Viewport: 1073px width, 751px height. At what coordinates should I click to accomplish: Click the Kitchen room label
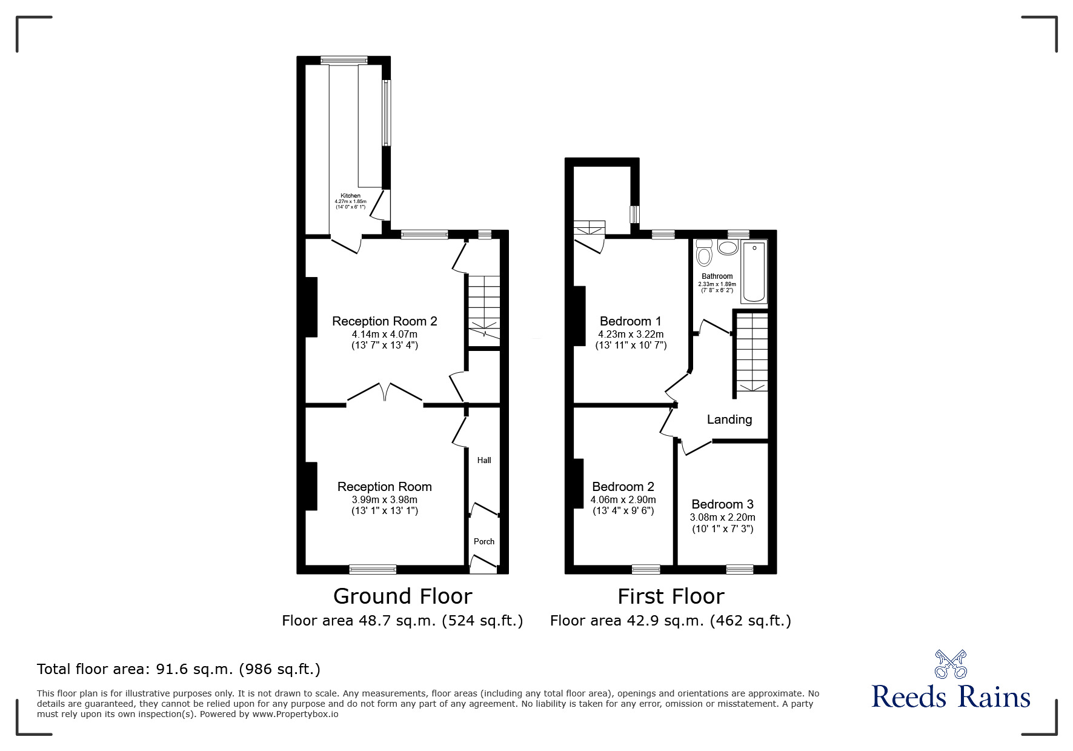pyautogui.click(x=350, y=196)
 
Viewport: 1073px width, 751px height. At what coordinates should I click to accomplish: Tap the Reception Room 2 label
pyautogui.click(x=384, y=321)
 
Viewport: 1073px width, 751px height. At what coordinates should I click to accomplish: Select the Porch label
pyautogui.click(x=483, y=541)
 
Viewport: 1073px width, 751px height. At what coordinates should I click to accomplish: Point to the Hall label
pyautogui.click(x=483, y=460)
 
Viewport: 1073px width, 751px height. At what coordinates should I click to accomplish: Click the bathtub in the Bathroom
pyautogui.click(x=754, y=271)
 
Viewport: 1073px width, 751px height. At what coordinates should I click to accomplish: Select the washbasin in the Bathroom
pyautogui.click(x=726, y=247)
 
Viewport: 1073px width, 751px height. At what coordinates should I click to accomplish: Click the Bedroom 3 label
pyautogui.click(x=722, y=504)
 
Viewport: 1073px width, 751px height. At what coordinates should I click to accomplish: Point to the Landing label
pyautogui.click(x=729, y=419)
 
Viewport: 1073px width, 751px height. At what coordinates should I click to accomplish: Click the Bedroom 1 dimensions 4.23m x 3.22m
pyautogui.click(x=630, y=334)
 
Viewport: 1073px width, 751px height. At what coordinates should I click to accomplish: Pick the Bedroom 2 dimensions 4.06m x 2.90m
pyautogui.click(x=623, y=500)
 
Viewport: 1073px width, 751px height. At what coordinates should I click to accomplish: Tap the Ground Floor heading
pyautogui.click(x=402, y=596)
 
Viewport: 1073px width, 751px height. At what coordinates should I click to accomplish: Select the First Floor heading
pyautogui.click(x=671, y=596)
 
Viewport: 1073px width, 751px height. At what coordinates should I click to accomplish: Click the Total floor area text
pyautogui.click(x=179, y=669)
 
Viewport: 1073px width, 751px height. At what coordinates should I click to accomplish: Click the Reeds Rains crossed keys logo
pyautogui.click(x=951, y=664)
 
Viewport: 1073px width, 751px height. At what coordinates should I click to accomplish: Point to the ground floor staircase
pyautogui.click(x=483, y=310)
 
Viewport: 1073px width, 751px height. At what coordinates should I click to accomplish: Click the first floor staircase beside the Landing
pyautogui.click(x=751, y=352)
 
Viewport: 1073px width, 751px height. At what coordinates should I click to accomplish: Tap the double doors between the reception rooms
pyautogui.click(x=385, y=393)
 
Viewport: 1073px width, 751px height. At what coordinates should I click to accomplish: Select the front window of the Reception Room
pyautogui.click(x=373, y=569)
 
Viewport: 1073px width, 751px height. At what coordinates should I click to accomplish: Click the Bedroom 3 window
pyautogui.click(x=739, y=569)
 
